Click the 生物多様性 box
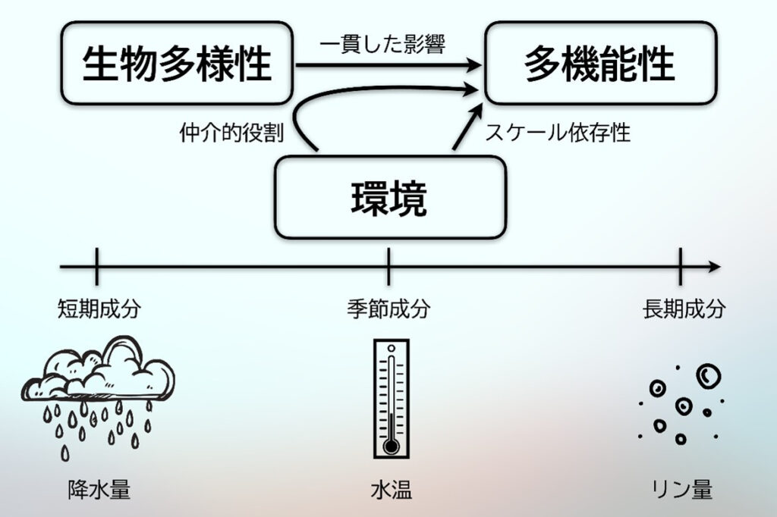(x=176, y=63)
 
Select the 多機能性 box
(x=600, y=63)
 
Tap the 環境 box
(x=389, y=198)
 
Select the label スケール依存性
(x=558, y=133)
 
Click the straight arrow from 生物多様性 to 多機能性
(x=387, y=67)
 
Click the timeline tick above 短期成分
(x=97, y=267)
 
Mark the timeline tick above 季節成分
(x=388, y=267)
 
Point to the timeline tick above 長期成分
(x=680, y=267)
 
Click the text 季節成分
(x=388, y=309)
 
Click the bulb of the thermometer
(x=391, y=446)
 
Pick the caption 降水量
(x=99, y=490)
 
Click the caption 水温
(x=391, y=490)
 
